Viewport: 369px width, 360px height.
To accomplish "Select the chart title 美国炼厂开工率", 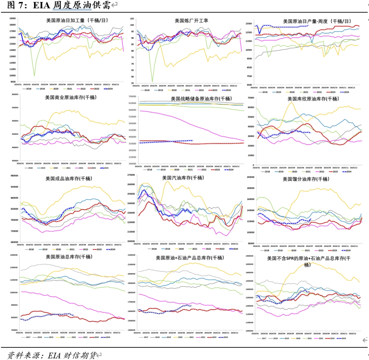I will coord(191,20).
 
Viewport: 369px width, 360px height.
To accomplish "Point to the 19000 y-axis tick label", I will coord(13,18).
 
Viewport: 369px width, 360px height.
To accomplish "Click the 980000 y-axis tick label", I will coord(15,176).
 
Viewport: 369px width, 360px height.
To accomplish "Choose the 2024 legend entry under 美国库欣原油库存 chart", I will coord(347,172).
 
